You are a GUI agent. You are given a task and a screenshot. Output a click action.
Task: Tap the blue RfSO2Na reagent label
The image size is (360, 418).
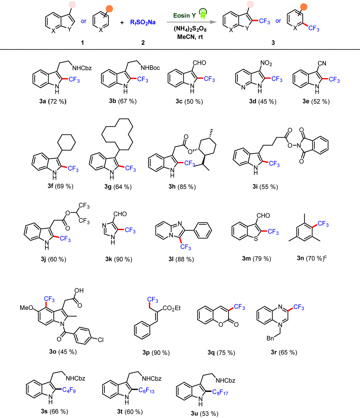[143, 23]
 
